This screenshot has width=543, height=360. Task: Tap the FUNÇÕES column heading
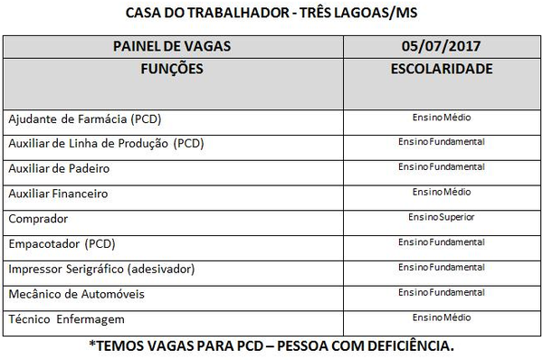172,69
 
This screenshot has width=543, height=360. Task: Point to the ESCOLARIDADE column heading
442,69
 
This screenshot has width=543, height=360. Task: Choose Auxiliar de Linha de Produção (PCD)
106,143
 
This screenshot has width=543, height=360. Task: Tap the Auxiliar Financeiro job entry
58,194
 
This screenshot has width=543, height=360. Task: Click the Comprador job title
38,219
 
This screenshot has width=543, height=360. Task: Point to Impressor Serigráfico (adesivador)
101,270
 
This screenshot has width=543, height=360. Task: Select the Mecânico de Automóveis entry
76,295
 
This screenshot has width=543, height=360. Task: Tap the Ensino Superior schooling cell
442,218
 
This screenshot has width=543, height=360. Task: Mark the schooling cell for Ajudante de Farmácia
442,118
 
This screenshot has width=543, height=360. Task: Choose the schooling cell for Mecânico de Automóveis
442,293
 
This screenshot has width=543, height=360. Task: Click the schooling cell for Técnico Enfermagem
442,318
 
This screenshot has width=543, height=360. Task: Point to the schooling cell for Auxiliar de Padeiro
442,167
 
